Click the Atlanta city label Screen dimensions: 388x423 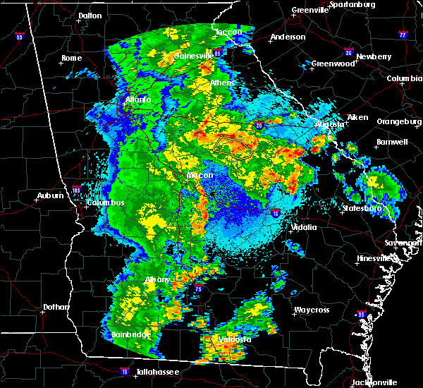(x=138, y=99)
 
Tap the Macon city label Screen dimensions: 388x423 (x=200, y=174)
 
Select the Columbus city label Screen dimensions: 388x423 (x=106, y=203)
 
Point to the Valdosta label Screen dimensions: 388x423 (x=235, y=339)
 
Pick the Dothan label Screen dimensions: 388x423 (x=56, y=307)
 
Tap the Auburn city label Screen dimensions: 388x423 (x=52, y=198)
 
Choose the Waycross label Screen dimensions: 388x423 (x=312, y=310)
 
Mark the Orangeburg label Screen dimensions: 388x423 (x=398, y=121)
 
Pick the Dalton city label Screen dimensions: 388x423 (x=90, y=16)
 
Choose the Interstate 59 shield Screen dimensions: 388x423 (x=19, y=35)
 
